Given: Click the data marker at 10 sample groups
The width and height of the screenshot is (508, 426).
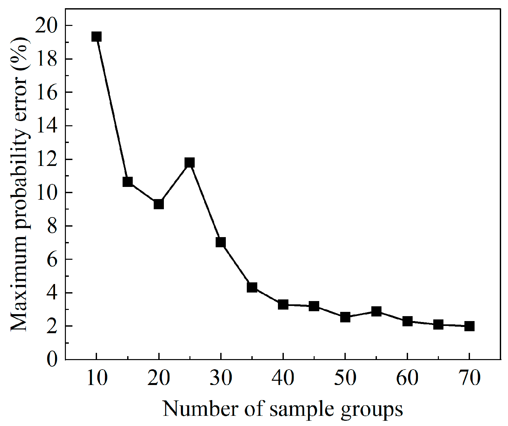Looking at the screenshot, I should click(96, 36).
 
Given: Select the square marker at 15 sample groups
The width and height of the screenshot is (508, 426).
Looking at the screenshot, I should click(127, 181).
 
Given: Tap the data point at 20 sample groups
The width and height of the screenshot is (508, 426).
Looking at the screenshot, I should click(159, 204).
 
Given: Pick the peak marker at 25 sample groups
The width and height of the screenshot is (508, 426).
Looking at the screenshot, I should click(189, 162).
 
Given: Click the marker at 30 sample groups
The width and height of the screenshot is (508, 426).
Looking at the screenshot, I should click(221, 242).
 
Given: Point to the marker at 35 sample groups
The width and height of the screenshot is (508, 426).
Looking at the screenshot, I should click(252, 287).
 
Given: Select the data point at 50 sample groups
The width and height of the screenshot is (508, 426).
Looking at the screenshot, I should click(345, 317).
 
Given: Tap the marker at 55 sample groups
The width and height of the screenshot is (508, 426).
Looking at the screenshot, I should click(376, 311).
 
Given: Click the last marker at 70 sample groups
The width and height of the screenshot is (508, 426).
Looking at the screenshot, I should click(469, 326).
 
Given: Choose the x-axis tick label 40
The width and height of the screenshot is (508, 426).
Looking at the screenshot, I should click(283, 378).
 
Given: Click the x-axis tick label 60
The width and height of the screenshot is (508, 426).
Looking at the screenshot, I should click(407, 378).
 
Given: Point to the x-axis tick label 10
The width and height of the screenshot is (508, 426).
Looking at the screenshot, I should click(97, 378).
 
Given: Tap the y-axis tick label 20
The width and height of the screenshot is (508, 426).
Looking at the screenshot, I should click(46, 26).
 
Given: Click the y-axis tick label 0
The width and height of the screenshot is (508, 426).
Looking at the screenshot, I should click(52, 359).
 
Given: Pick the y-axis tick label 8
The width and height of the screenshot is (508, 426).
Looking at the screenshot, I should click(52, 226).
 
